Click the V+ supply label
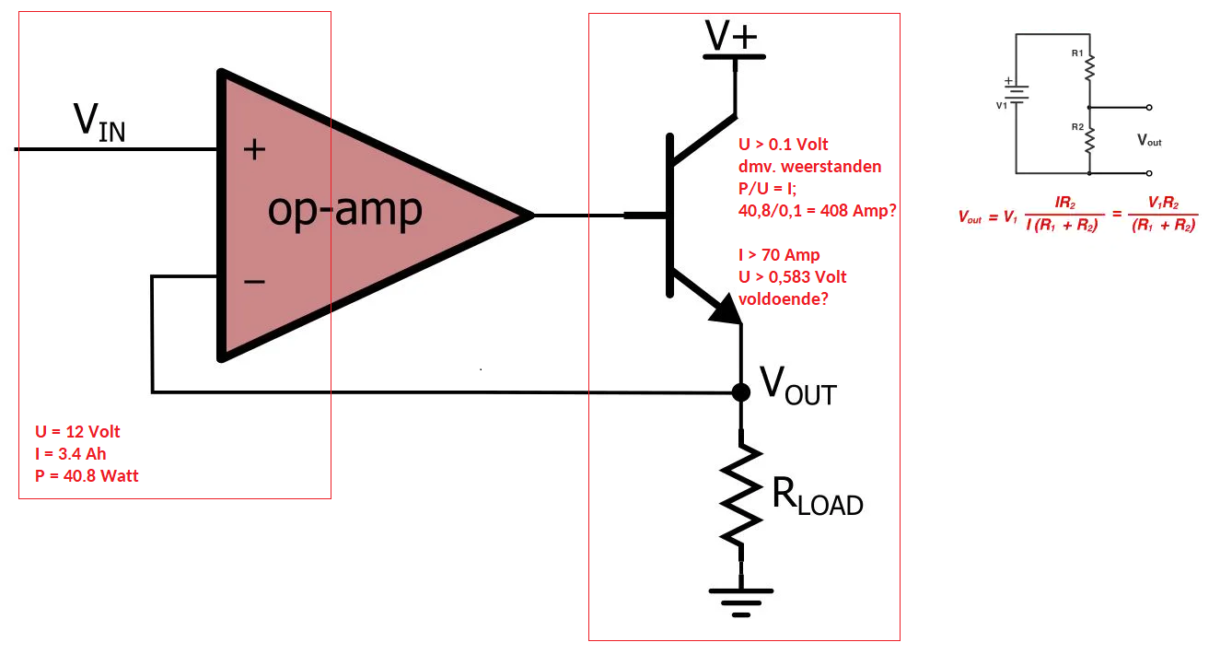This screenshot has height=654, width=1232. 731,36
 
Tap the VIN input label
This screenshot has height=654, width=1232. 99,123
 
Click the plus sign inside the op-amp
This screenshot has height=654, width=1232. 254,149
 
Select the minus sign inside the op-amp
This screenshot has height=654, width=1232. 254,282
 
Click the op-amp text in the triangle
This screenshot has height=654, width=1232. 345,210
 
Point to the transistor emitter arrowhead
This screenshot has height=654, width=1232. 727,309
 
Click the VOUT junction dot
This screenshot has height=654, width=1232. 741,392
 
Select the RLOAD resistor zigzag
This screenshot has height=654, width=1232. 741,494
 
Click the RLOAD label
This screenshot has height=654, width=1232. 818,496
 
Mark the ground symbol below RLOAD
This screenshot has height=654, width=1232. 741,602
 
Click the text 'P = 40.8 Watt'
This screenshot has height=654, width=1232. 87,476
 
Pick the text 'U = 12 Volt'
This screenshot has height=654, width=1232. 77,432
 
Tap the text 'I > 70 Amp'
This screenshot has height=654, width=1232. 779,254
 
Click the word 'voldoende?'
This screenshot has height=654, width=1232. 784,299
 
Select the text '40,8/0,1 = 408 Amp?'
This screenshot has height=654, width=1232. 818,211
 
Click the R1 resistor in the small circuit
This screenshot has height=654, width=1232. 1089,67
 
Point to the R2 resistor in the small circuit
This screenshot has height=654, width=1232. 1089,140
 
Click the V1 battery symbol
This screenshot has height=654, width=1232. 1016,91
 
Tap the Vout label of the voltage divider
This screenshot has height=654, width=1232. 1149,140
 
